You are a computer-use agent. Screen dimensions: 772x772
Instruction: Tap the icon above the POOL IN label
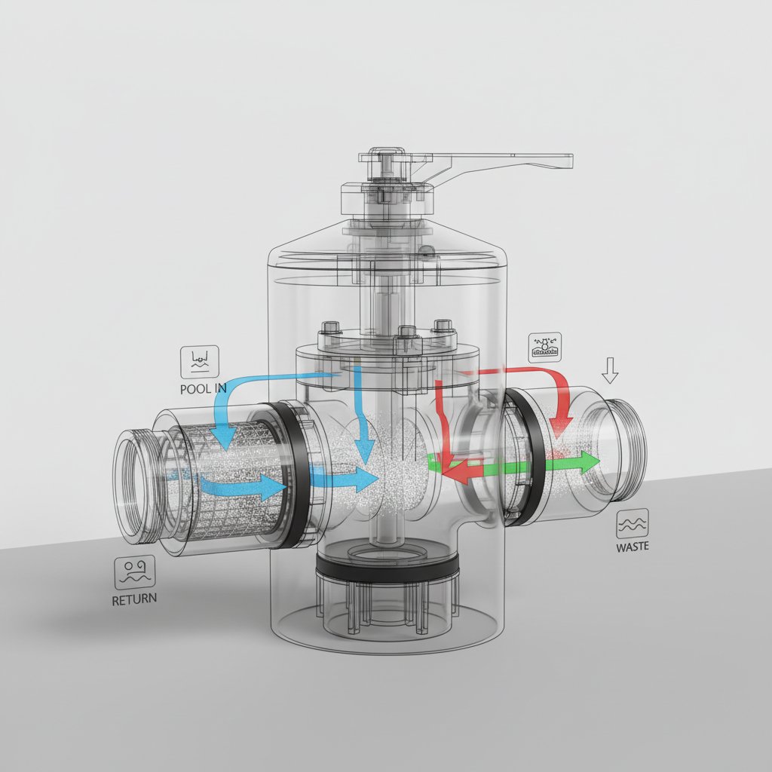tap(200, 362)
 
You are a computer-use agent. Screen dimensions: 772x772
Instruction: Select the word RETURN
tap(135, 601)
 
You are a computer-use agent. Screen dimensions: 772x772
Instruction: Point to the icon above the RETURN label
tap(135, 572)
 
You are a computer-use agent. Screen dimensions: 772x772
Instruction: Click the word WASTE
tap(632, 547)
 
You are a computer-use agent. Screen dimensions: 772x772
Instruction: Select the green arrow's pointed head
tap(590, 461)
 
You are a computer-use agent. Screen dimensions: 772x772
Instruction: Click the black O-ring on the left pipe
tap(290, 475)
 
